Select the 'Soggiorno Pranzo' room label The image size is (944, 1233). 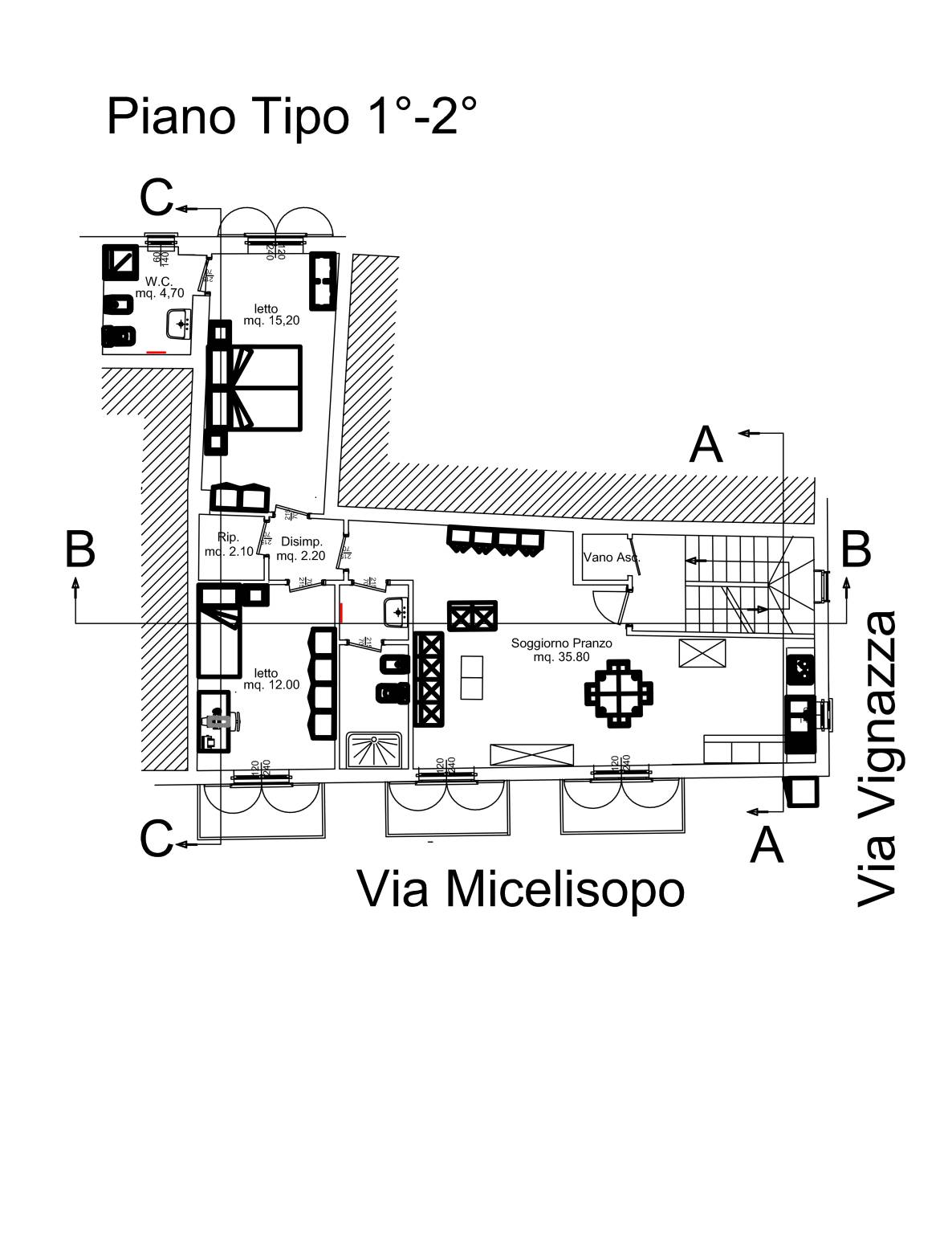click(561, 650)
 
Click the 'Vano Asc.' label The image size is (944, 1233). click(611, 557)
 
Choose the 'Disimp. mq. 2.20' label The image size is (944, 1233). click(301, 549)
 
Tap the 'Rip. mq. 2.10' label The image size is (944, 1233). click(229, 544)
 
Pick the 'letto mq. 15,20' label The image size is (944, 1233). click(271, 314)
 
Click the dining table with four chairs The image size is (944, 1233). click(618, 692)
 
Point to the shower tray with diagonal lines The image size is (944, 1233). click(373, 750)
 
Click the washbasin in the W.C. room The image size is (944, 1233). click(178, 325)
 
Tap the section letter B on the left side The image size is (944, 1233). click(80, 550)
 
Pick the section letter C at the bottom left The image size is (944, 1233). click(156, 839)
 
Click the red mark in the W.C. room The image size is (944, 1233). click(157, 352)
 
